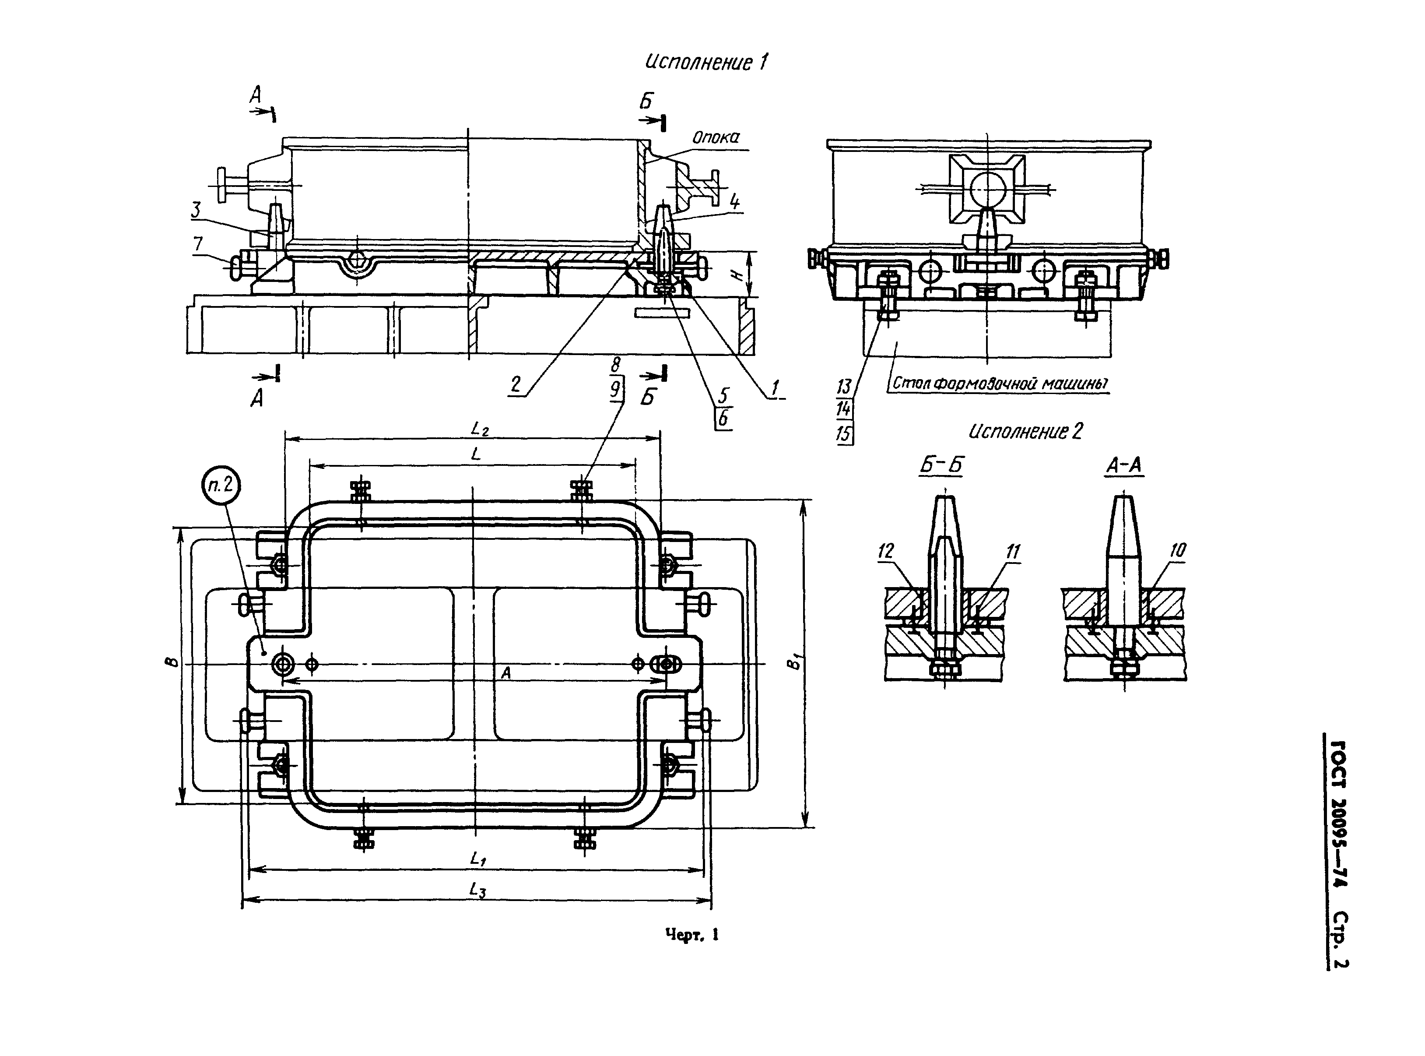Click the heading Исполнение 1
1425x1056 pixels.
(706, 63)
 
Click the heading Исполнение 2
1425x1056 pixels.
(1025, 432)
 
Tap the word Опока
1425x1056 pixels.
(716, 137)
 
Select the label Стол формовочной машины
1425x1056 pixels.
(1000, 384)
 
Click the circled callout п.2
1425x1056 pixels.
(221, 486)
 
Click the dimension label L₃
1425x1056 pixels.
(478, 890)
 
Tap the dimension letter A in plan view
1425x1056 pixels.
(506, 672)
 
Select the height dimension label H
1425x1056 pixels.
(737, 274)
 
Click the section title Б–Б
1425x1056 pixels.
(941, 466)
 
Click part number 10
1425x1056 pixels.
(1178, 550)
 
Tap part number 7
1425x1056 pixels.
(198, 243)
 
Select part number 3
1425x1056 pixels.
(196, 210)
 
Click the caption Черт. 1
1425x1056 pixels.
(692, 935)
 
